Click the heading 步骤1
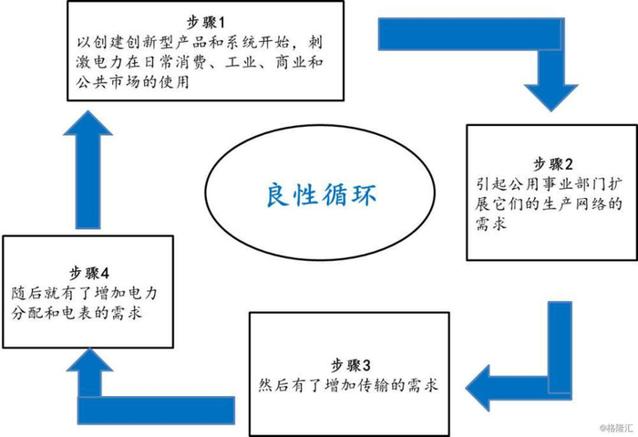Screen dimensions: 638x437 point(205,23)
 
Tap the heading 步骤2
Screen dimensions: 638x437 point(553,163)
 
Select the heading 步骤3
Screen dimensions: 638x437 point(350,365)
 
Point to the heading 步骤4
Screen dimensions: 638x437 point(88,273)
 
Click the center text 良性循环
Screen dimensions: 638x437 point(321,195)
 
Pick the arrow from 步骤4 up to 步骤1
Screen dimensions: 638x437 point(87,170)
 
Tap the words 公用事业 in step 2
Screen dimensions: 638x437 point(540,184)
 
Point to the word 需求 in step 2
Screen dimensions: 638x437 point(491,224)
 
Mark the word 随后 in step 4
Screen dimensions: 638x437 point(27,293)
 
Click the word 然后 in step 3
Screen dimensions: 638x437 point(274,385)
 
